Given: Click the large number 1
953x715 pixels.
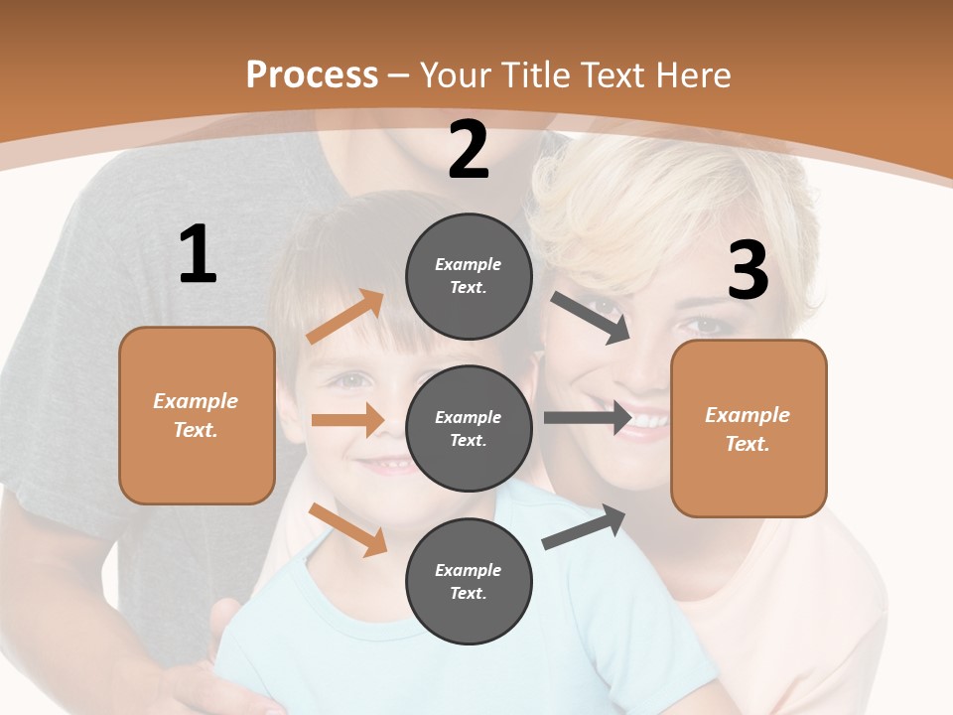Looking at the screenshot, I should [198, 255].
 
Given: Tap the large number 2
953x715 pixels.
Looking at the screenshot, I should [469, 150].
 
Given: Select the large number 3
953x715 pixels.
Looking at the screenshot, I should [748, 271].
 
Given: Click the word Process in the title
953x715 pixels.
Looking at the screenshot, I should [312, 74].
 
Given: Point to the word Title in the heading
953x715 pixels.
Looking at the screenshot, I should [533, 74].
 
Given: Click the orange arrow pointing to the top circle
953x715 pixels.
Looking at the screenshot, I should [345, 317].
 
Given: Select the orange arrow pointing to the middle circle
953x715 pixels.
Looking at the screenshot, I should [347, 420].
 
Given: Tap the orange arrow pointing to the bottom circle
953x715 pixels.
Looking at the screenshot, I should [347, 529].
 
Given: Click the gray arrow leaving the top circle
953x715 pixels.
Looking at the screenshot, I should [591, 318].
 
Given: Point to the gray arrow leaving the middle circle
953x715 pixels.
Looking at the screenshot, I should [588, 417].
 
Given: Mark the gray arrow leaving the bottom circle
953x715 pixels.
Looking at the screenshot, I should [584, 527].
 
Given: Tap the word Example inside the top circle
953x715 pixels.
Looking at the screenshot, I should [469, 264].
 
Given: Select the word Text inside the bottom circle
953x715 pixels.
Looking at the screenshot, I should [467, 593].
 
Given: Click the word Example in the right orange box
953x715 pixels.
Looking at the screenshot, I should [748, 415].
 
